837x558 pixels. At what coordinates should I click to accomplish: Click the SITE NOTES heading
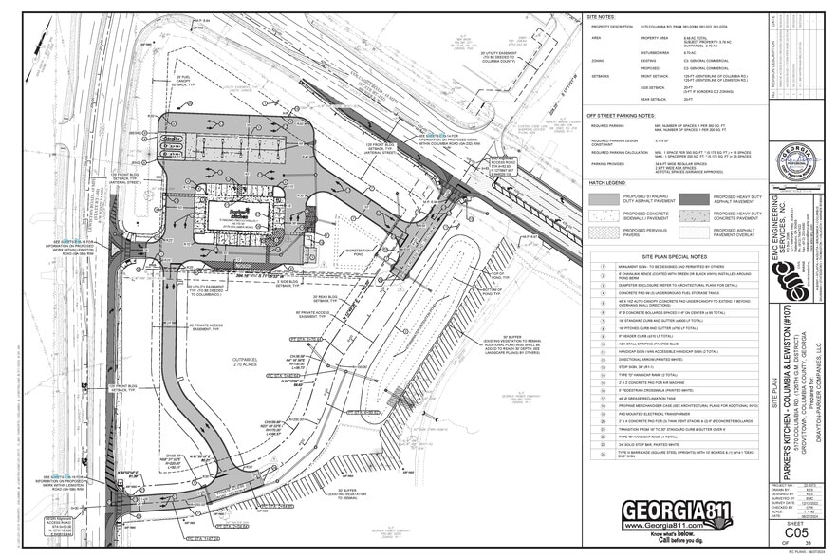(602, 16)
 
